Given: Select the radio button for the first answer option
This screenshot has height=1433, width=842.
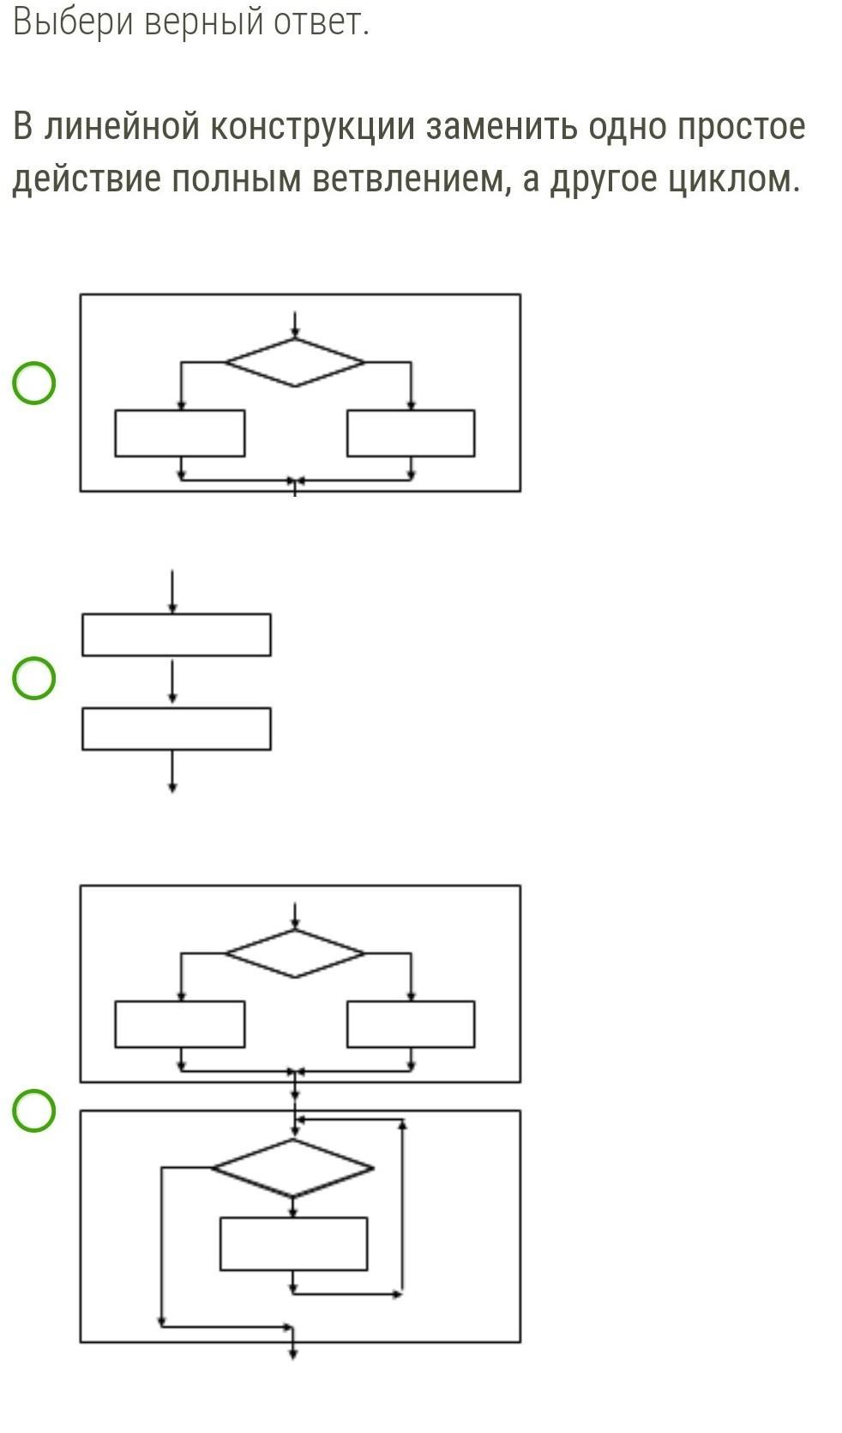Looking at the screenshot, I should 34,383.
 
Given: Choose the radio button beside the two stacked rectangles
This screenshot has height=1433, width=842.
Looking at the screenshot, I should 34,678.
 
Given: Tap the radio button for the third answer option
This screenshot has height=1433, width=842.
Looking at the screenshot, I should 34,1110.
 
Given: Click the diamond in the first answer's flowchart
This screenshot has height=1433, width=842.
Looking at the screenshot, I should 295,362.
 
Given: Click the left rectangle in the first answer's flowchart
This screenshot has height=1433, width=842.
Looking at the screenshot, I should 180,433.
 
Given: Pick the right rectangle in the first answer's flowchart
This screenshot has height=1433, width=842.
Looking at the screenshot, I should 411,433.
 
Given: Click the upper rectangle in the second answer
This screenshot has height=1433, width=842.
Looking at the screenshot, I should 177,635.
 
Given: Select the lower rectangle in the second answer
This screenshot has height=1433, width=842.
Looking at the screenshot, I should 177,729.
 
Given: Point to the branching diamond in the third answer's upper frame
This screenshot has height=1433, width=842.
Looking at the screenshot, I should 295,953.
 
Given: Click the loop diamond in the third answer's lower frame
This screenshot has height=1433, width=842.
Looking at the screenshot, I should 292,1167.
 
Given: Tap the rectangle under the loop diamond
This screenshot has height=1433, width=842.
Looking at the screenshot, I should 293,1243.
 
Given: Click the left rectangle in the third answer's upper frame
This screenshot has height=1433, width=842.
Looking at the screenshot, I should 180,1024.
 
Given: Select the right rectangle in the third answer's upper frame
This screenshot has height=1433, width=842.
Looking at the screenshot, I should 411,1024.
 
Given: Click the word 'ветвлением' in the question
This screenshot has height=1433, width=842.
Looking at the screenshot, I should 406,179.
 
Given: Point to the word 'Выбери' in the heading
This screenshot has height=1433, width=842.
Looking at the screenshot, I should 74,21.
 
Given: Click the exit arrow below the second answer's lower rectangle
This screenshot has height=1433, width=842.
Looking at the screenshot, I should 173,771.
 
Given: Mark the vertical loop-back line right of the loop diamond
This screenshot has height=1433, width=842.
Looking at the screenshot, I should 402,1206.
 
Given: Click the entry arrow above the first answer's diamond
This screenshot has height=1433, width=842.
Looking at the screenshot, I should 295,324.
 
